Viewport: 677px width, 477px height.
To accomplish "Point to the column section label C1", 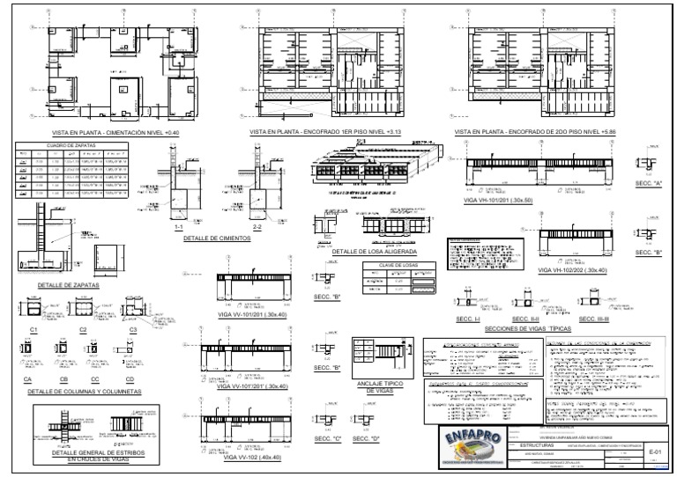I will (34, 328).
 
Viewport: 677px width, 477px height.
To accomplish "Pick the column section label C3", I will (133, 328).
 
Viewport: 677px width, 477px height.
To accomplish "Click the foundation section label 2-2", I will (256, 226).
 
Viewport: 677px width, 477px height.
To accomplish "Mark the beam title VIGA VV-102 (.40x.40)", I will (252, 458).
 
